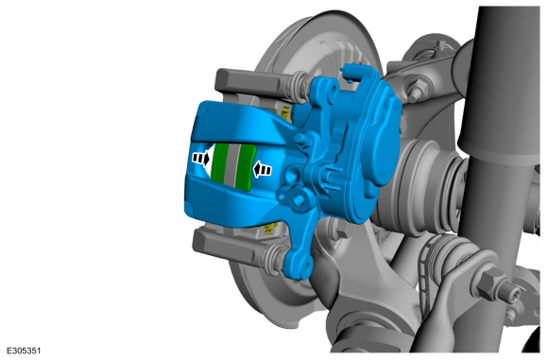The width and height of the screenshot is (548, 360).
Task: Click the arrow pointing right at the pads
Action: [201, 159]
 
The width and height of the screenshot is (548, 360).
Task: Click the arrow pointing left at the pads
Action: [262, 170]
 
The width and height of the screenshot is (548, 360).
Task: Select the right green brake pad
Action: [245, 167]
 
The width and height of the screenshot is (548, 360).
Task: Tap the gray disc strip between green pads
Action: [232, 165]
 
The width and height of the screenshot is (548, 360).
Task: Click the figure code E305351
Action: [24, 351]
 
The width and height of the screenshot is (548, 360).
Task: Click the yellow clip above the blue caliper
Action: [285, 111]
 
